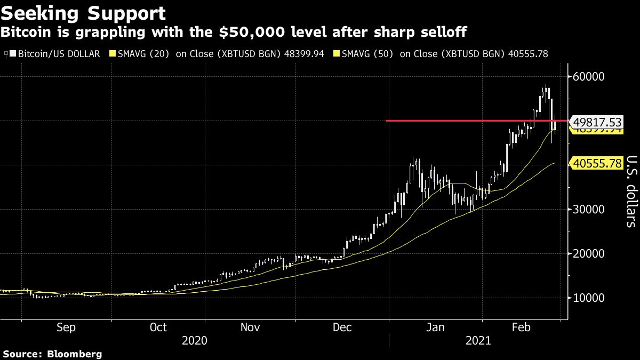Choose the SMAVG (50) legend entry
[443, 54]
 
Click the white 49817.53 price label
[596, 122]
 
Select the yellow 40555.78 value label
[596, 164]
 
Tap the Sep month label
[66, 327]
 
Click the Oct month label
[158, 327]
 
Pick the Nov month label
[251, 327]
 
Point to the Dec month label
[343, 327]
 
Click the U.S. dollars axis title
[630, 191]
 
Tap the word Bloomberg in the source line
[75, 354]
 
